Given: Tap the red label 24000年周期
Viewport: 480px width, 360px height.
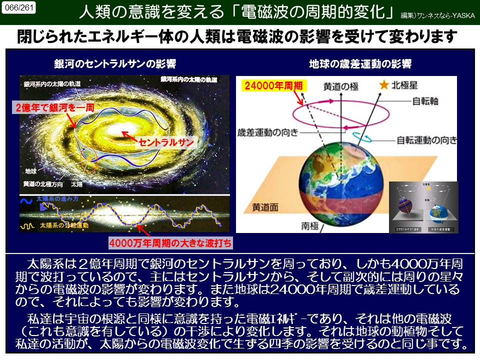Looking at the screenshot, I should click(x=273, y=86).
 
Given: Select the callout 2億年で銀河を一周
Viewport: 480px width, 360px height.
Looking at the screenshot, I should click(x=54, y=107).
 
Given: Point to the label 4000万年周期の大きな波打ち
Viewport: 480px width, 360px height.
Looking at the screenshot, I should click(x=171, y=244).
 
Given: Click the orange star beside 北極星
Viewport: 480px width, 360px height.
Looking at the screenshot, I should click(x=383, y=85).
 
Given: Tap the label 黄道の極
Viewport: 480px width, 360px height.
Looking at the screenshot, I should click(x=340, y=86).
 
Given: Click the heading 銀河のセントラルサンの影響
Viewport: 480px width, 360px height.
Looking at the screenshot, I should click(x=115, y=64).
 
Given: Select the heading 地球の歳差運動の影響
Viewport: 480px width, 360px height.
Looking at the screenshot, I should click(x=360, y=64).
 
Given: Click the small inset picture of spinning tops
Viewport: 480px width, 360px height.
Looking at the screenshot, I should click(x=423, y=207).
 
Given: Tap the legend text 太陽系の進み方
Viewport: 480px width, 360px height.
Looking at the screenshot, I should click(x=59, y=199).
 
